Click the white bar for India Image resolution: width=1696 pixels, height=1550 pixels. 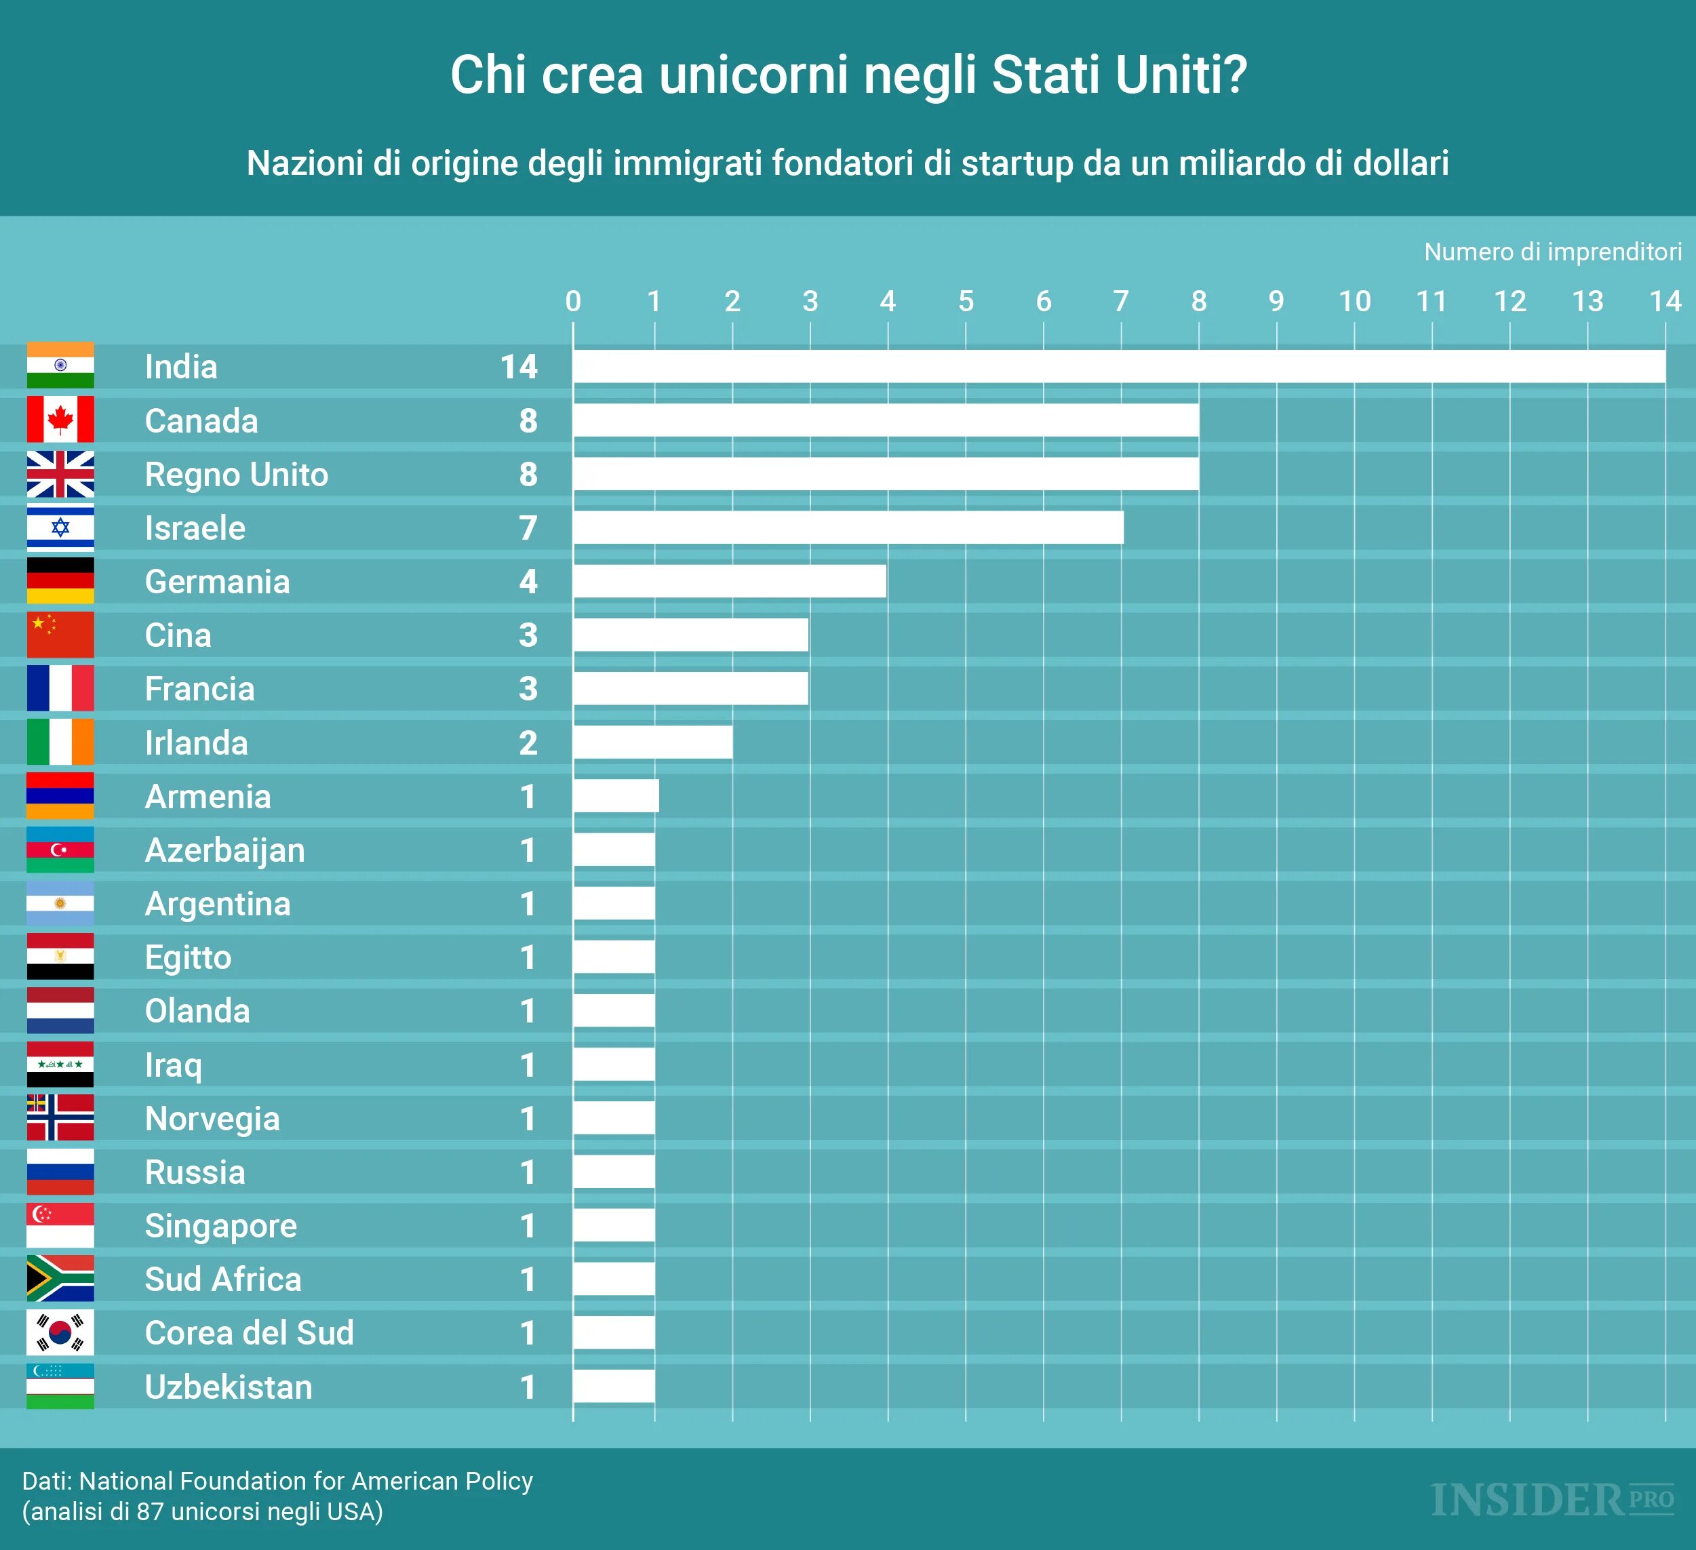[x=1119, y=367]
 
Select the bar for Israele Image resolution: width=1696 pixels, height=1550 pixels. [x=848, y=528]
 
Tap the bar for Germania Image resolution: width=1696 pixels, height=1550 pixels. [x=730, y=581]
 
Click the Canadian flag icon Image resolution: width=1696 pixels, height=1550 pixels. [x=60, y=420]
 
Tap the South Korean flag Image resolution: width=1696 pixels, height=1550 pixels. [x=60, y=1333]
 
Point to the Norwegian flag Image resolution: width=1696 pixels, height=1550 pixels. [x=60, y=1117]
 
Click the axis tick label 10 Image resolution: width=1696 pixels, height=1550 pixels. [x=1354, y=301]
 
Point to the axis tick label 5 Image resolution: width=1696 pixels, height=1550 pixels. [x=966, y=301]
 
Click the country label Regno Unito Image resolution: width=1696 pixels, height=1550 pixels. [x=237, y=475]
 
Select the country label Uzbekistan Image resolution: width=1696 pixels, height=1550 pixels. [x=229, y=1387]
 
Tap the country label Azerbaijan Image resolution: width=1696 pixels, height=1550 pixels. [x=224, y=850]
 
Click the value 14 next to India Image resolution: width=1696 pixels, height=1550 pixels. [x=519, y=367]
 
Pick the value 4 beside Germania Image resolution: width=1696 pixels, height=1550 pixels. [x=528, y=581]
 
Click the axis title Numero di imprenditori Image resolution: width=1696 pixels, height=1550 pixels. [x=1553, y=252]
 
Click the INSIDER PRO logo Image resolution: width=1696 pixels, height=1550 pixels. [x=1552, y=1501]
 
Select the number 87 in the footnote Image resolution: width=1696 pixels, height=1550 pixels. [x=150, y=1511]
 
